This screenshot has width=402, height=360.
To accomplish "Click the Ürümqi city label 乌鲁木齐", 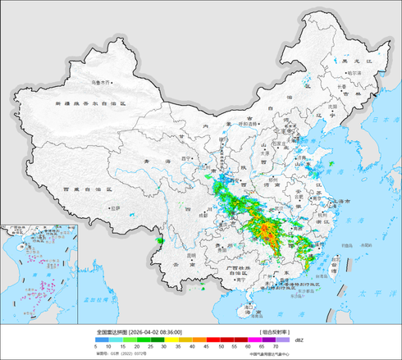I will point(100,82).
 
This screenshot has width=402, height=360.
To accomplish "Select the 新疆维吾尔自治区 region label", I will point(89,104).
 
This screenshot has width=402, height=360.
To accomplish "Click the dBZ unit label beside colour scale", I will point(298,338).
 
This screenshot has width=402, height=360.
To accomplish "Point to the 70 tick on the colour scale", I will point(285,348).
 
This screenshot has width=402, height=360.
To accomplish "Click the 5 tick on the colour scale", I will point(97,348).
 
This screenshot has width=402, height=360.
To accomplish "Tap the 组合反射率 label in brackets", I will point(272,330).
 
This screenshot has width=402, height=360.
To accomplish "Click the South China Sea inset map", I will point(36,271).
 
